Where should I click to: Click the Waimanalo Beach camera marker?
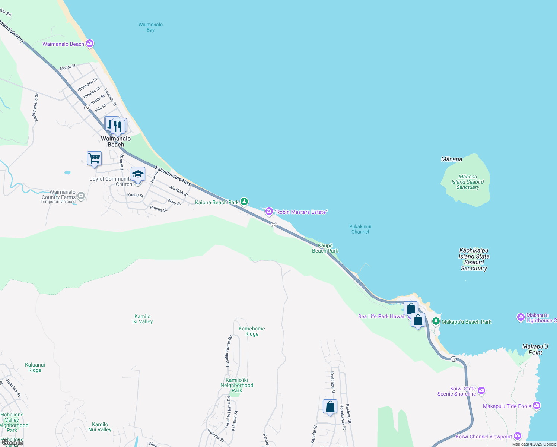click(89, 44)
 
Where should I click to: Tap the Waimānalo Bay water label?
click(150, 27)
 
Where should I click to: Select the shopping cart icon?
click(94, 158)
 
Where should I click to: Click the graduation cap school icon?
click(138, 174)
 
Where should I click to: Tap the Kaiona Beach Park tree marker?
click(244, 202)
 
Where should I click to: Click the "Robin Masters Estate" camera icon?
click(269, 212)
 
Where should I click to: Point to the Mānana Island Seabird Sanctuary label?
click(468, 182)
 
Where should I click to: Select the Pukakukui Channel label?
click(360, 229)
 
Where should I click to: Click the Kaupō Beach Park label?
click(325, 248)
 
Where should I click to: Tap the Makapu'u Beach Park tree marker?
click(436, 321)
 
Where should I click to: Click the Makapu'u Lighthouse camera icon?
click(521, 317)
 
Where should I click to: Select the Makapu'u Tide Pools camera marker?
click(537, 405)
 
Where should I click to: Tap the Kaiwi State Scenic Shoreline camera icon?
click(481, 390)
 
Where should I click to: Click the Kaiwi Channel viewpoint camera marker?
click(518, 436)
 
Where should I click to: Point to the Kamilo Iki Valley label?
click(142, 319)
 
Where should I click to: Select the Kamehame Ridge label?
click(252, 331)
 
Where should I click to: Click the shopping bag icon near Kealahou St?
click(330, 406)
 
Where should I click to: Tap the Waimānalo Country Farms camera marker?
click(81, 196)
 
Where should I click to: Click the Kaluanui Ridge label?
click(35, 367)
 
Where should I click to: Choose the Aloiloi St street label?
click(67, 67)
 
